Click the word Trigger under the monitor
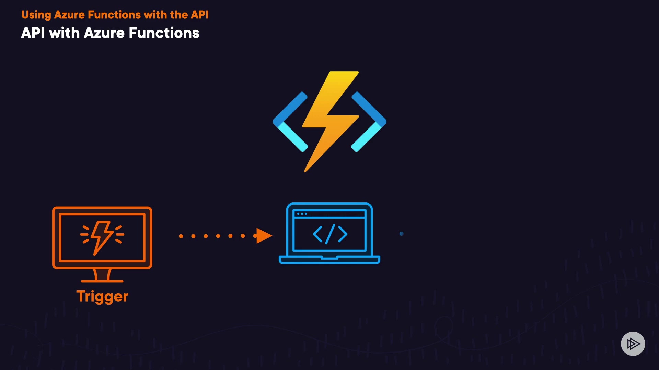click(102, 297)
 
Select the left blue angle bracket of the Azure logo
click(290, 122)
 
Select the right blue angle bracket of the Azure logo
click(369, 122)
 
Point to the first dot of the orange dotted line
click(181, 236)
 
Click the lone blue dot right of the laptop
click(401, 234)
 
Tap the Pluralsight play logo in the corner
click(633, 344)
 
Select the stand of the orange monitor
click(102, 275)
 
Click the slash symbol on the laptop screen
click(330, 234)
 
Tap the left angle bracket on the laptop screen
click(317, 234)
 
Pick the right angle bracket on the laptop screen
click(343, 234)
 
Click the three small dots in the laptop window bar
click(302, 214)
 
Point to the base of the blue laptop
click(329, 260)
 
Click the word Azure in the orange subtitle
click(69, 15)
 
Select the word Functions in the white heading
click(164, 33)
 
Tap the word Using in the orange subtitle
click(36, 15)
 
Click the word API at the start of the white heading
click(33, 33)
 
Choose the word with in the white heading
click(65, 33)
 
